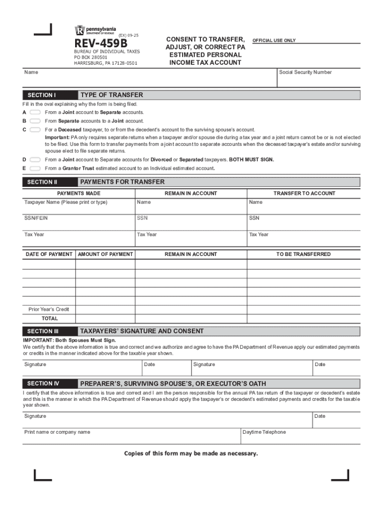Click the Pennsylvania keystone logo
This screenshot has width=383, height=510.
[x=80, y=30]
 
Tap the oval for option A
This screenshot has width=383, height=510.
[x=35, y=113]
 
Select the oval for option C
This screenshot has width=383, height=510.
[x=35, y=129]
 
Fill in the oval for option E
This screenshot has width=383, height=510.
[x=35, y=168]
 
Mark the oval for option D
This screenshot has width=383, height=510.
[x=35, y=160]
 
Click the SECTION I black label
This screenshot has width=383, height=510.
[x=41, y=95]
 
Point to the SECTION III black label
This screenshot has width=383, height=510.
[x=43, y=331]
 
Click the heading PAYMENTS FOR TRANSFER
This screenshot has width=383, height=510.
[x=122, y=182]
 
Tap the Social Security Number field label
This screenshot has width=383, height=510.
[x=305, y=72]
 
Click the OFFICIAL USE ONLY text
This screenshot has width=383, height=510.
[x=274, y=40]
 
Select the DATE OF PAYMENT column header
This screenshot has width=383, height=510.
[x=49, y=255]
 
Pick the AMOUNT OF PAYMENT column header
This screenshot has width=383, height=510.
[x=105, y=255]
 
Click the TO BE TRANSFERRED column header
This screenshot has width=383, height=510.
[x=303, y=255]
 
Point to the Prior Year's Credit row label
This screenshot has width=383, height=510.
[x=49, y=309]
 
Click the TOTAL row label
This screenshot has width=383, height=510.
[x=50, y=318]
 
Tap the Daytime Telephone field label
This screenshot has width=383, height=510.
[x=264, y=432]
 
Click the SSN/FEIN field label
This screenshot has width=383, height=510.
[x=36, y=218]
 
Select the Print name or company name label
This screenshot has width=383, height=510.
[x=57, y=432]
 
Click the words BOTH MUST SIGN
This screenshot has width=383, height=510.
[x=251, y=160]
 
